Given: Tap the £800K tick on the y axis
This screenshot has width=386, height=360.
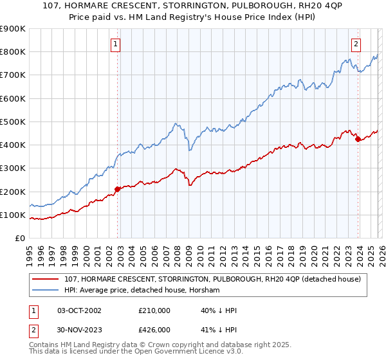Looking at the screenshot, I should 13,52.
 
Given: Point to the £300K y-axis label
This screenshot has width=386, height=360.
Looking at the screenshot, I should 13,168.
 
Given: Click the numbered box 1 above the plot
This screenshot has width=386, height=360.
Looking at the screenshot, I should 115,44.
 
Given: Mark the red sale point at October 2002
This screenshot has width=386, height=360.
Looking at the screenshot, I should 118,189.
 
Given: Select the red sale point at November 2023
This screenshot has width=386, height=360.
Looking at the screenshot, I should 358,139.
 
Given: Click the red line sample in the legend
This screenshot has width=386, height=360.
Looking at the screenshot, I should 46,279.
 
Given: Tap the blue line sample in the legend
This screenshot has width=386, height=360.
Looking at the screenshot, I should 46,291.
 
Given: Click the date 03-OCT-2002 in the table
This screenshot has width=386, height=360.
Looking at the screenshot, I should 79,310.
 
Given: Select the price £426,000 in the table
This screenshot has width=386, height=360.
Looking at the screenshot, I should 154,330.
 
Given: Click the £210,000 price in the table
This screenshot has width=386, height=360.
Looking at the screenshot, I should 154,310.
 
